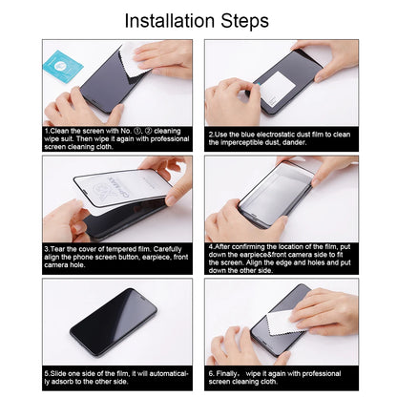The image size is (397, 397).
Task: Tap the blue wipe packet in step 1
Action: pos(62,65)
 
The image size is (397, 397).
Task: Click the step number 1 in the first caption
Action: pos(46,132)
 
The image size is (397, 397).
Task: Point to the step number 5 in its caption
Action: pos(46,371)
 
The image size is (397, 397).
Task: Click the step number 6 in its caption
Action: pos(210,371)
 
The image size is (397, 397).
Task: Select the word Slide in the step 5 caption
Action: pos(59,371)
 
